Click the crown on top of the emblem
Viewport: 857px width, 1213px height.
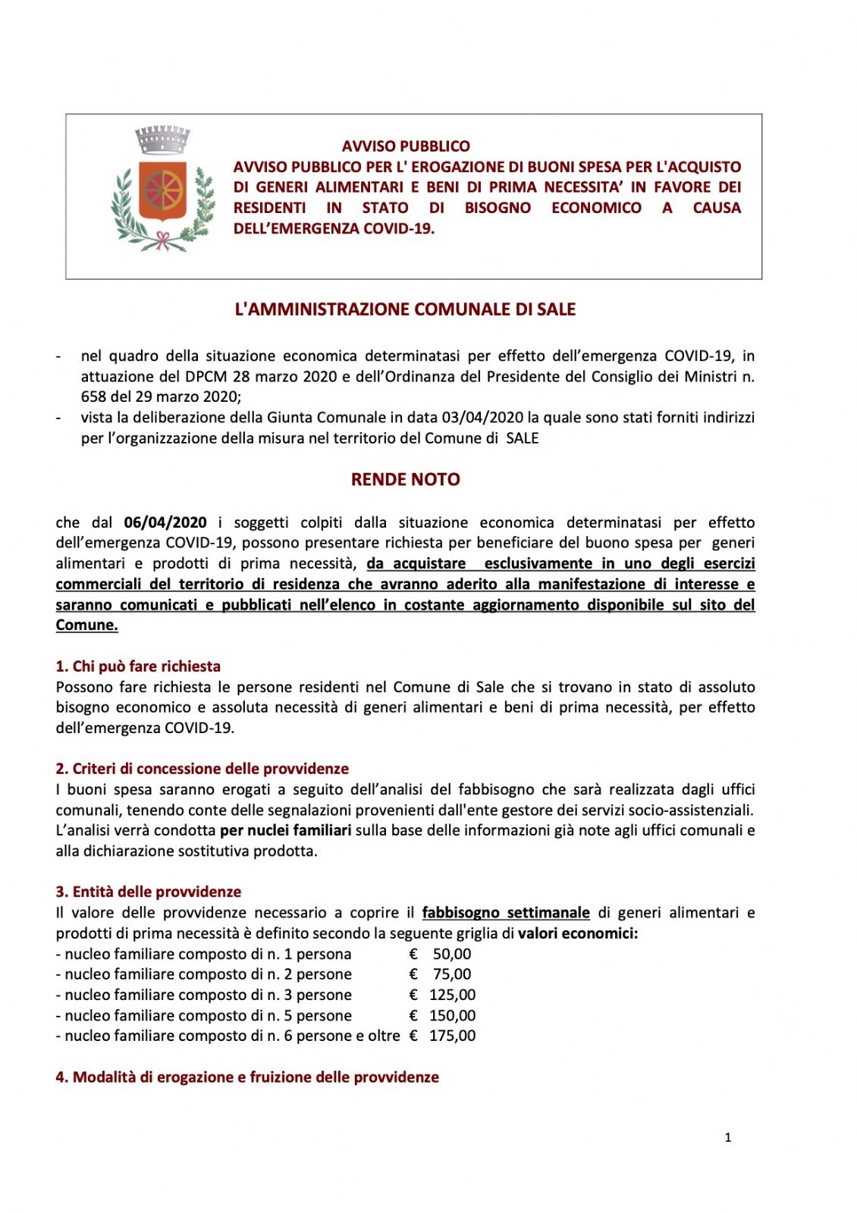click(x=162, y=139)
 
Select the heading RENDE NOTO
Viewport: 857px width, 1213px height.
click(x=405, y=479)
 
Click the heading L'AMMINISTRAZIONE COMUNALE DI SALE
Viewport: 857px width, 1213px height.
click(x=405, y=309)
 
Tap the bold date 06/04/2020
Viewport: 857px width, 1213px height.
click(x=165, y=522)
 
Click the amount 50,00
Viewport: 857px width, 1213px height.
click(x=451, y=954)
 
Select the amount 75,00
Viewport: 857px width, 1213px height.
click(x=451, y=974)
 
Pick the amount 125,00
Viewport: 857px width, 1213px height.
click(x=452, y=995)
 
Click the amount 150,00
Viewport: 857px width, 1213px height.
click(x=452, y=1015)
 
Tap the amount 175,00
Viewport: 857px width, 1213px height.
click(x=452, y=1036)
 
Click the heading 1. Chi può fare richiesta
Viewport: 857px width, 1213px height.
click(x=138, y=666)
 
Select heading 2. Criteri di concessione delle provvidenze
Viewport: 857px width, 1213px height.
click(x=202, y=769)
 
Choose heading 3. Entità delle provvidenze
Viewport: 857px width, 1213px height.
click(x=149, y=892)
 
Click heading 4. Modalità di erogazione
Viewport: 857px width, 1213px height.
click(x=247, y=1077)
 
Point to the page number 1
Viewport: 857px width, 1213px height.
click(x=728, y=1137)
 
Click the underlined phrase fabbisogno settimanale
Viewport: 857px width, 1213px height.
click(x=506, y=913)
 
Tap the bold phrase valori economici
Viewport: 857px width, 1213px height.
click(x=577, y=933)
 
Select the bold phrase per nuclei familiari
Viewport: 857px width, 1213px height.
click(x=285, y=830)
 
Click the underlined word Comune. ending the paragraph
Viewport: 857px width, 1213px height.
click(x=86, y=625)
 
